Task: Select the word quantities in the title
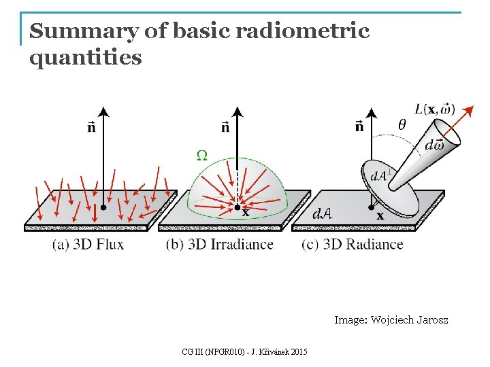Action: [x=86, y=58]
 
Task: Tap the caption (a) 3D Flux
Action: [x=88, y=244]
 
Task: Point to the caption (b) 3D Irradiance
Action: [x=220, y=244]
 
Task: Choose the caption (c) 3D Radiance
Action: [x=353, y=244]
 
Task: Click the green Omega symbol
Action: [x=202, y=155]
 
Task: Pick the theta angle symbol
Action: [x=402, y=124]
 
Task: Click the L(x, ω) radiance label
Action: [x=435, y=109]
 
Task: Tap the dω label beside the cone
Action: [x=434, y=145]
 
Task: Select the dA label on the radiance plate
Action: [x=322, y=213]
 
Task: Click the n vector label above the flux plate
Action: [x=92, y=126]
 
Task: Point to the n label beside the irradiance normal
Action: [x=225, y=126]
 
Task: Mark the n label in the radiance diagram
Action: [x=359, y=125]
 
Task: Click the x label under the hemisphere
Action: [x=245, y=213]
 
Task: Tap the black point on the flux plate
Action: [x=103, y=207]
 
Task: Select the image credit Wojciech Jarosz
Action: [x=391, y=319]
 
